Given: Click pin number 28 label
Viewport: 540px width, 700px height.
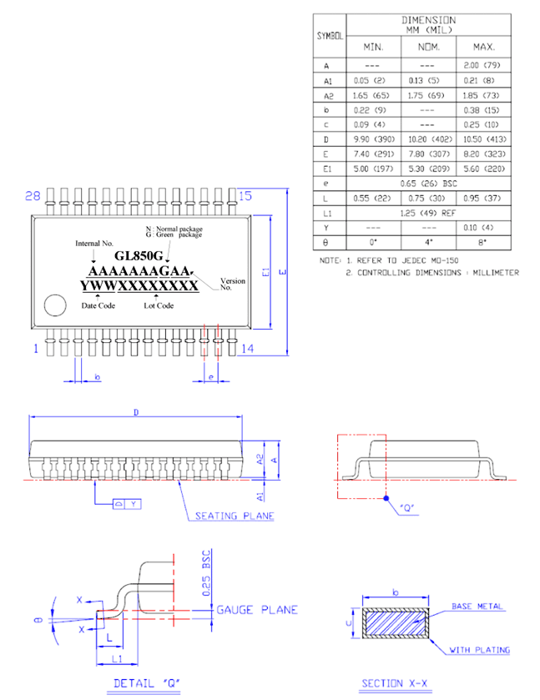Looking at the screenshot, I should coord(33,196).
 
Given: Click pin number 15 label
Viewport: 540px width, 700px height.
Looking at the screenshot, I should coord(245,196).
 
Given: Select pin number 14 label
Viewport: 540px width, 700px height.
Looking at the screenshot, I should coord(246,349).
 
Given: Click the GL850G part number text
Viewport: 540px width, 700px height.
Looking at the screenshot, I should coord(139,256).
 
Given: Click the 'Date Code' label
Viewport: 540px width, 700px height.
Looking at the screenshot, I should coord(98,305).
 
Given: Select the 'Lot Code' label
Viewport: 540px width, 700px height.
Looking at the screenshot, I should coord(158,305).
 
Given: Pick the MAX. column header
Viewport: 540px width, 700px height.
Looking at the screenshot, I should coord(484,48).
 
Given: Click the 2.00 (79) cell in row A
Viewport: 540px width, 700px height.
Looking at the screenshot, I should coord(484,64).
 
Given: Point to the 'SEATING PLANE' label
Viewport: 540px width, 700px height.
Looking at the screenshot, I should coord(234,516).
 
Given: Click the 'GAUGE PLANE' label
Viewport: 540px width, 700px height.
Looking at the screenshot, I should coord(256,610).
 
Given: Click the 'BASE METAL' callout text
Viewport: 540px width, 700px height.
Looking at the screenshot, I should coord(477,606).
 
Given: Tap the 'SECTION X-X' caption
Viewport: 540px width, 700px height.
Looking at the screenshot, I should coord(394,684).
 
